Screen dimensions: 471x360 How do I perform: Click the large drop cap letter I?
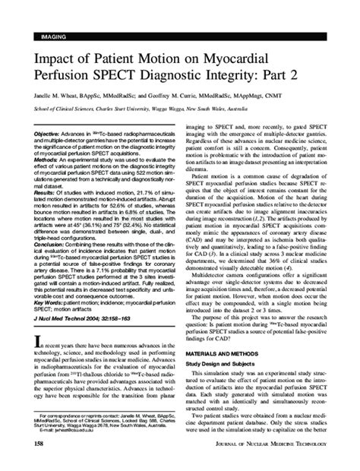pos(35,366)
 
